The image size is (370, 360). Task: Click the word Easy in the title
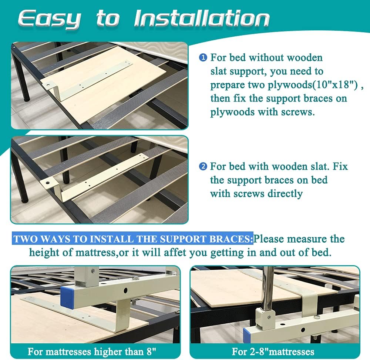pos(50,19)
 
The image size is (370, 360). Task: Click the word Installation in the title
pos(202,18)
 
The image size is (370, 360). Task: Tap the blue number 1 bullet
pos(203,58)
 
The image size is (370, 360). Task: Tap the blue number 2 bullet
pos(203,167)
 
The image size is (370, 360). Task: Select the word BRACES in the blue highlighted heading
pos(231,239)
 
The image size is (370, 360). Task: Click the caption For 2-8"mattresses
pos(273,351)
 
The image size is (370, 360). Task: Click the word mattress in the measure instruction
pos(95,253)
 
